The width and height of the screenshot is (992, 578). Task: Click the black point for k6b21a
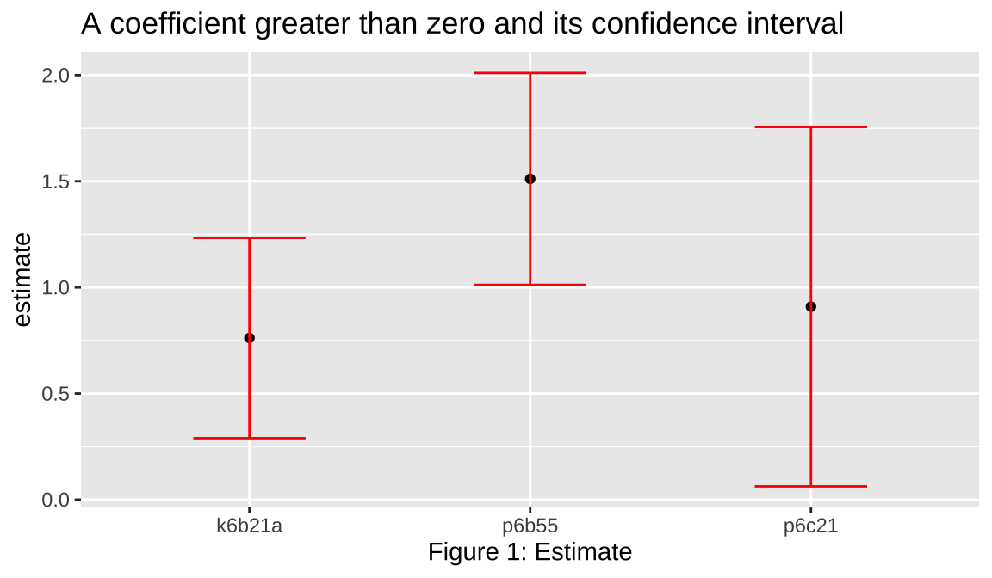point(250,338)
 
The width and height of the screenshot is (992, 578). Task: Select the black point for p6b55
point(530,179)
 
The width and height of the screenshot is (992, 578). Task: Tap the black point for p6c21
point(810,307)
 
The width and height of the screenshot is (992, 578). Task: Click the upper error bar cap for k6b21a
point(250,237)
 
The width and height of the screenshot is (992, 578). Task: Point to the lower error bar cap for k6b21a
point(250,438)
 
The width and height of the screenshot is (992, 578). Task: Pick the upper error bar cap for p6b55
point(530,73)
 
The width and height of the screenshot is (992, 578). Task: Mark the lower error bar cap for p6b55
point(530,284)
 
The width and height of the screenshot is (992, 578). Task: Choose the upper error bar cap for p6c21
point(810,126)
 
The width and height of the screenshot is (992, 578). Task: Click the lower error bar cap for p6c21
point(810,486)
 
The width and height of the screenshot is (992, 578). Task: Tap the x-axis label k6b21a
point(250,526)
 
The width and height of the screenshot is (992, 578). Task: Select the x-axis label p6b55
point(530,526)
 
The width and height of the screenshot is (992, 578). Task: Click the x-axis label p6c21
point(810,526)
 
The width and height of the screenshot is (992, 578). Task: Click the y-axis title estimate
point(23,280)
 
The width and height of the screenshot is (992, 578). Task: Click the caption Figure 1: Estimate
point(530,552)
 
